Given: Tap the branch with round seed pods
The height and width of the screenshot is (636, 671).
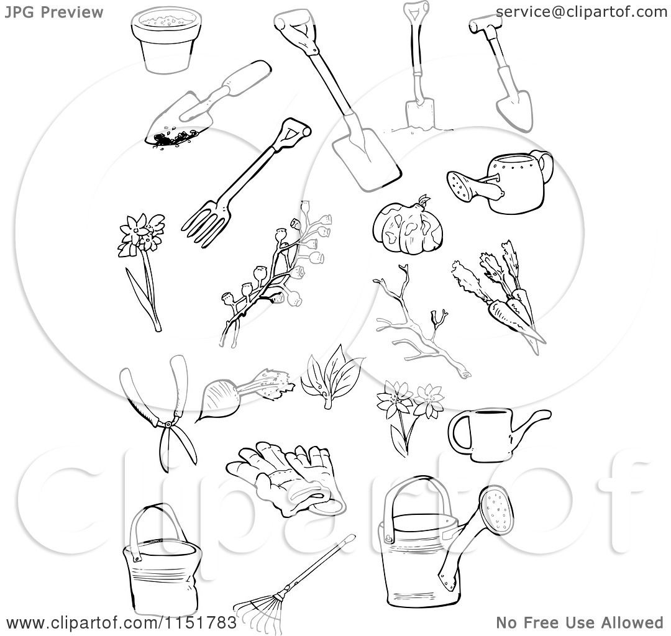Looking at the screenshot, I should pyautogui.click(x=273, y=273).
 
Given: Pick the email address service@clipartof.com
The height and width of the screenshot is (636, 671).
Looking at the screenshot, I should pyautogui.click(x=582, y=11).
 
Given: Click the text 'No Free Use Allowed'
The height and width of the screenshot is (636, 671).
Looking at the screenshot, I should pyautogui.click(x=580, y=622).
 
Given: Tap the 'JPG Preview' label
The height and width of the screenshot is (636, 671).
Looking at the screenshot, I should pyautogui.click(x=54, y=12).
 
